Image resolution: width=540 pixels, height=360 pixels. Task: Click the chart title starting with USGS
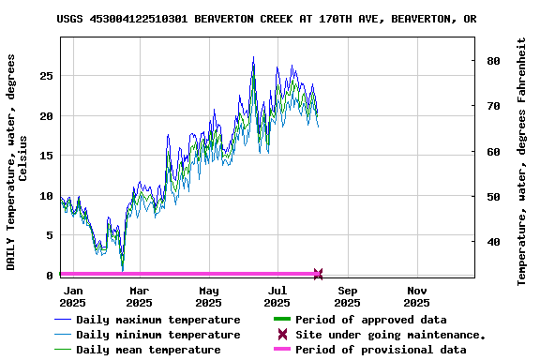coord(266,19)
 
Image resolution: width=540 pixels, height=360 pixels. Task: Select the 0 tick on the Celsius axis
coord(50,276)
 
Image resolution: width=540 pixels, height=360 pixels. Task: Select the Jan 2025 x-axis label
coord(72,296)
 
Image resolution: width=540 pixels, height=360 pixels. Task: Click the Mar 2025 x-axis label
coord(139,296)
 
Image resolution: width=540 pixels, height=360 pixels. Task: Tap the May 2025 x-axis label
coord(208,296)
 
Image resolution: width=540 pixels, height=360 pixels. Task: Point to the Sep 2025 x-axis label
coord(347,296)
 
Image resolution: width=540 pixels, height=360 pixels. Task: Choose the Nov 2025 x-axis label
coord(416,296)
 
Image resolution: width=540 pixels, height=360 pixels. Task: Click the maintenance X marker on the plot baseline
coord(318,274)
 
